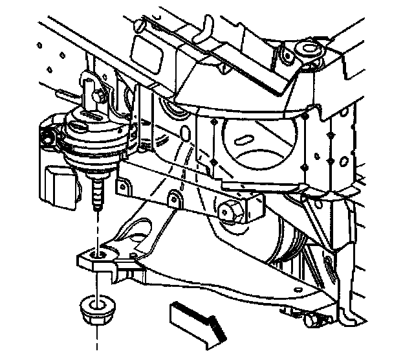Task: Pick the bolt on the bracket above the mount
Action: click(x=98, y=96)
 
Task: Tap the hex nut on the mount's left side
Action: click(x=47, y=138)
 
